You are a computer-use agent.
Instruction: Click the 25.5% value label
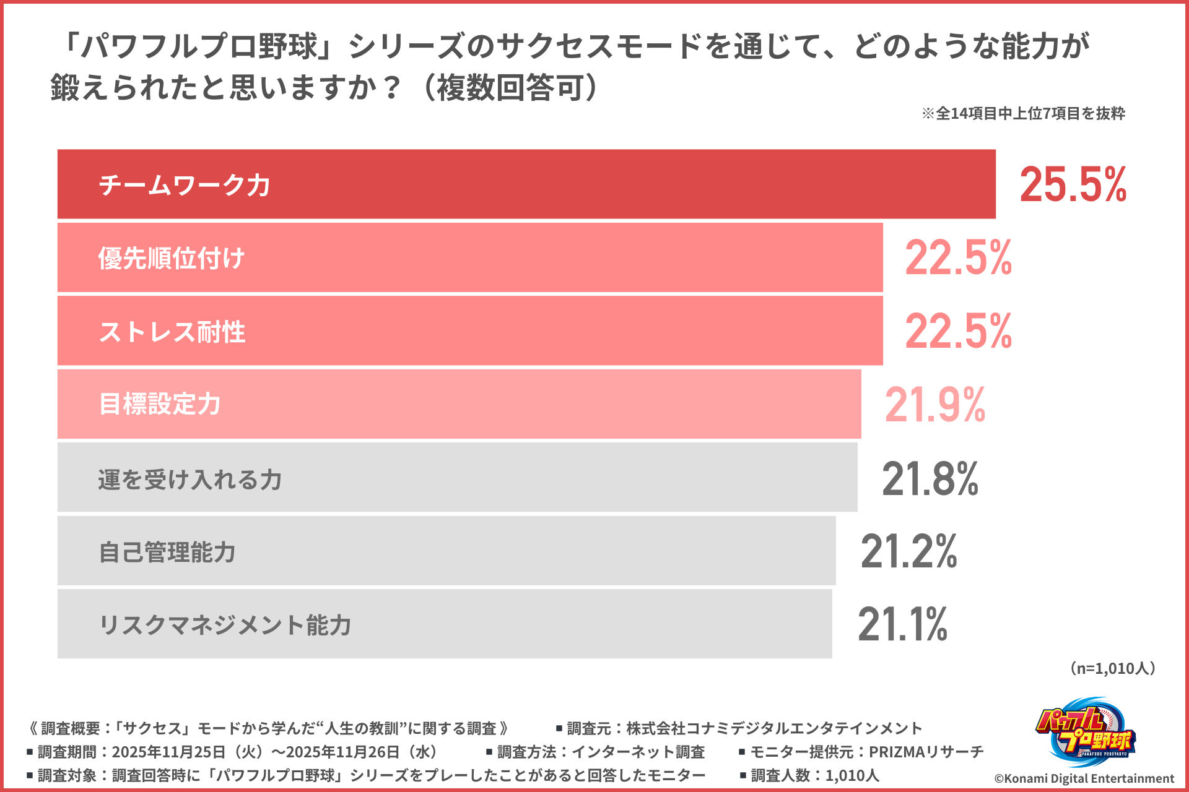tap(1073, 184)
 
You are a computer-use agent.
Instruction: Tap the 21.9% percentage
tap(934, 405)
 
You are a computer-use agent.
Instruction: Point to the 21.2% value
tap(908, 551)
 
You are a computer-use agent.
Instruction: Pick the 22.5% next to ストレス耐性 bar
tap(958, 331)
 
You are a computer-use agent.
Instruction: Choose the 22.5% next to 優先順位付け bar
tap(958, 257)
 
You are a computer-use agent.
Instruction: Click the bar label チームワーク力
tap(185, 185)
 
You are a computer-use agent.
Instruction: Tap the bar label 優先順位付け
tap(172, 258)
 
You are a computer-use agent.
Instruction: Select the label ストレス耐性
tap(172, 332)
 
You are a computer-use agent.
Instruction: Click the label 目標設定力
tap(160, 404)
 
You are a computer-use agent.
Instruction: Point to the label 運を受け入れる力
tap(189, 480)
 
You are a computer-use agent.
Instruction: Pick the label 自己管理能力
tap(167, 552)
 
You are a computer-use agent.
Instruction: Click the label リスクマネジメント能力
tap(225, 625)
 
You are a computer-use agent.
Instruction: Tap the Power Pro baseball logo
tap(1085, 733)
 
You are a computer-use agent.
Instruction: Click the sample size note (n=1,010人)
tap(1112, 668)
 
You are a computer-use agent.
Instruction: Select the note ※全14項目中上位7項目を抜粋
tap(1023, 113)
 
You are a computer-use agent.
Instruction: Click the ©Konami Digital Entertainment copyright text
tap(1084, 778)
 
